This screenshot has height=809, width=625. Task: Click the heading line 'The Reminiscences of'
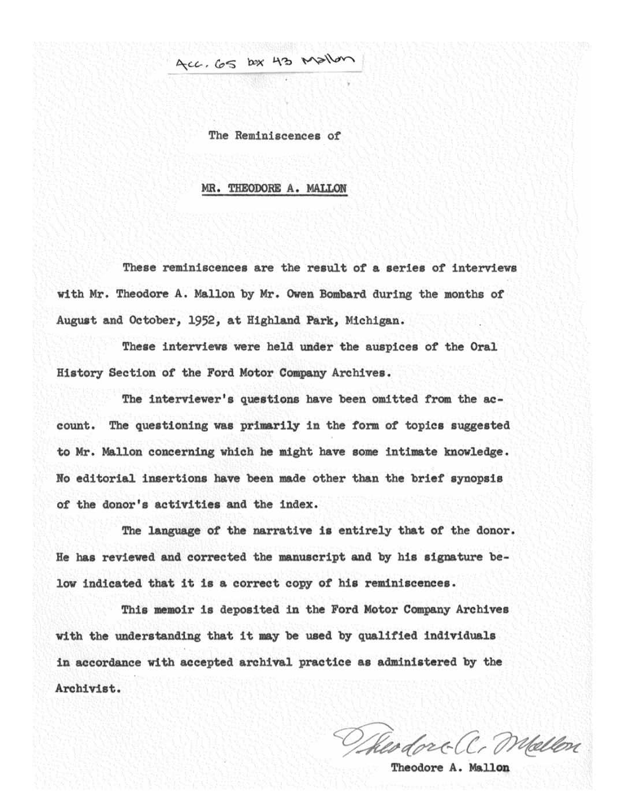coord(274,136)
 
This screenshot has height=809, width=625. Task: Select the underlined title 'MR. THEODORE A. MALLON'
coord(274,188)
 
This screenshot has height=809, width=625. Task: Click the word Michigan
coord(372,320)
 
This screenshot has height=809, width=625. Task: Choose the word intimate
coord(411,452)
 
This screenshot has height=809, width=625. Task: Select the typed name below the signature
coord(450,768)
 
